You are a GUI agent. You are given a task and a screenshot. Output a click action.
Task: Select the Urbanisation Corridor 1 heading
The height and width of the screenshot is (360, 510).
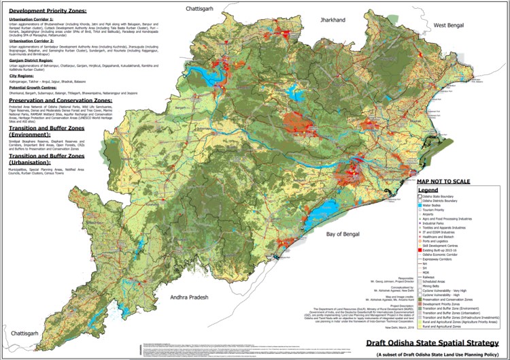[x=34, y=20]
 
